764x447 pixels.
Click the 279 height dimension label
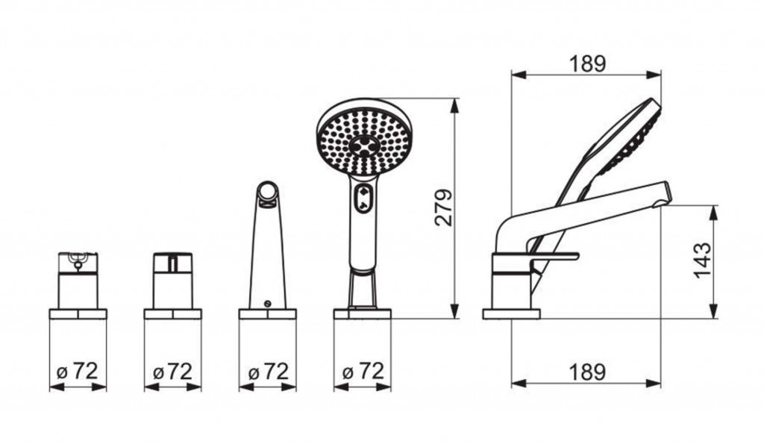click(x=443, y=207)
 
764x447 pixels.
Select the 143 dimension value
click(x=702, y=260)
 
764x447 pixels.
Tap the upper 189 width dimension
click(x=587, y=64)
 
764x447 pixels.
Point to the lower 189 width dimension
click(x=587, y=372)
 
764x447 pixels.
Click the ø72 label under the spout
click(x=268, y=372)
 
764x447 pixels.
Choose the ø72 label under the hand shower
click(x=363, y=371)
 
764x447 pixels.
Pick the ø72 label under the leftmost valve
click(x=78, y=372)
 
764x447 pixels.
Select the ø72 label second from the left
click(x=172, y=372)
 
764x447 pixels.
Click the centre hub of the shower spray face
click(x=363, y=145)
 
